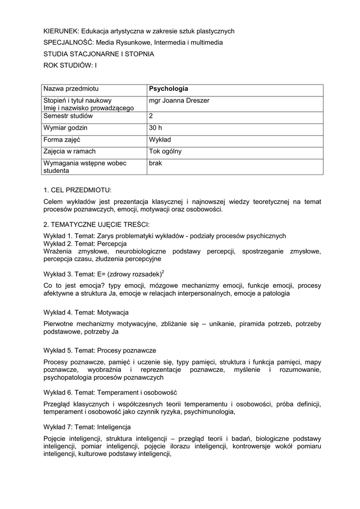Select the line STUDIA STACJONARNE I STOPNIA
99,54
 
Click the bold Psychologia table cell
169,89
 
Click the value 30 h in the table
155,128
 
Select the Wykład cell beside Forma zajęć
159,140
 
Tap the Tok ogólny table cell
165,152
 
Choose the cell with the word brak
155,163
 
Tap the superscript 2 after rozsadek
163,271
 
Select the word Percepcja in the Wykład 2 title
112,244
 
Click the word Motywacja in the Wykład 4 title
113,312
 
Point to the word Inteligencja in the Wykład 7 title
114,426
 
